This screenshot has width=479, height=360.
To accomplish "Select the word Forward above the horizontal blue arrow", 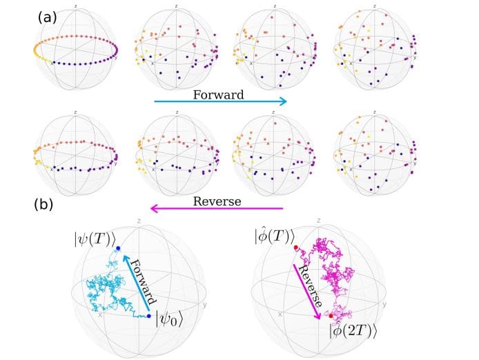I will tap(217, 94).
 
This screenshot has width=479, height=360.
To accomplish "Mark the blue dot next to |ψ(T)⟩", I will tap(118, 248).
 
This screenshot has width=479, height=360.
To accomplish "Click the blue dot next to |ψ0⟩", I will tap(149, 316).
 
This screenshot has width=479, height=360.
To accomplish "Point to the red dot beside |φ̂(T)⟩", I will tap(295, 247).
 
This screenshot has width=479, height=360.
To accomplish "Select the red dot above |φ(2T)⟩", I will tap(331, 316).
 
